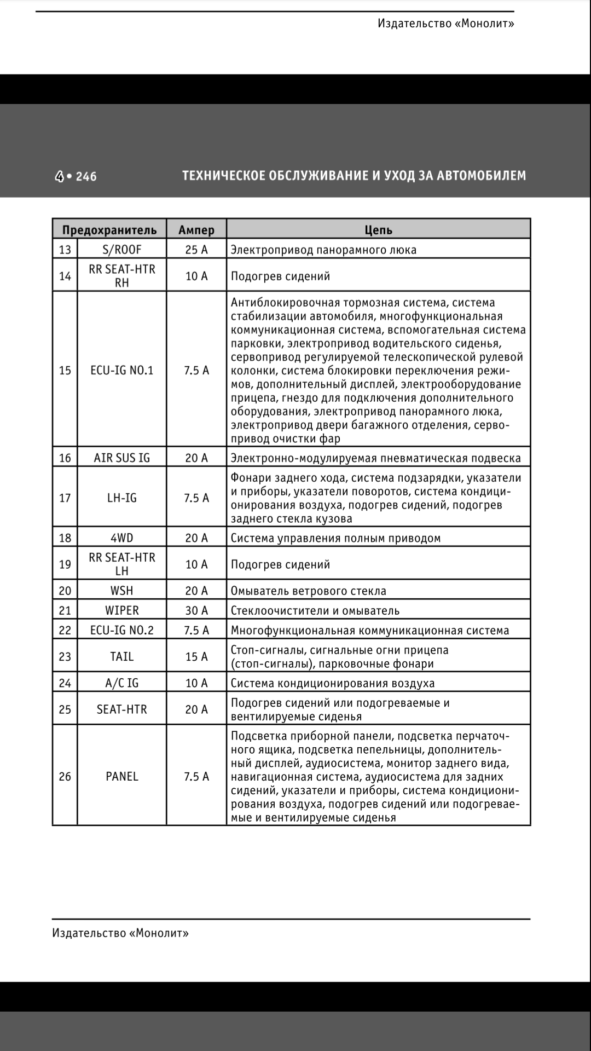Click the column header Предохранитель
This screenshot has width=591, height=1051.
109,230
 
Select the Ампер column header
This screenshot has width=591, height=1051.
196,230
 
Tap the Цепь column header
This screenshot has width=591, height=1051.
379,230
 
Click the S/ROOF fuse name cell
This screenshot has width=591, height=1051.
122,250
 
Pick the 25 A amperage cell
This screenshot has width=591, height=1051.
196,250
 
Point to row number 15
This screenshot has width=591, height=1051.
65,371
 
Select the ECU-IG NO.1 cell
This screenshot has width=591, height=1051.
122,371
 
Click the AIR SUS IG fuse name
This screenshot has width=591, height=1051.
122,458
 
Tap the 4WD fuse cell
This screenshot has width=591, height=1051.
122,538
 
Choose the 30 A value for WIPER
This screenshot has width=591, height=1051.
196,610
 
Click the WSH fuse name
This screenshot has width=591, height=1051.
122,591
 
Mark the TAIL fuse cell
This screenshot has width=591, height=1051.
122,656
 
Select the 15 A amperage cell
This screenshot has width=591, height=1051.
196,656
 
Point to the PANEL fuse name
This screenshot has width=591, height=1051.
122,776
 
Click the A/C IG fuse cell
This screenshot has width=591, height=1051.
122,683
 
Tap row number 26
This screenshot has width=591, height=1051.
65,776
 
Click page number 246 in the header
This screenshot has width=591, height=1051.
86,176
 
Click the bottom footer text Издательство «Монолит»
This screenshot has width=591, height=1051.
120,933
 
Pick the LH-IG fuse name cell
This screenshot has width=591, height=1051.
122,498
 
